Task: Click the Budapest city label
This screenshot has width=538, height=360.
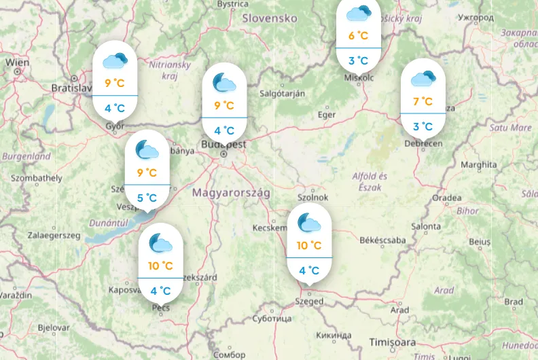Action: tap(223, 145)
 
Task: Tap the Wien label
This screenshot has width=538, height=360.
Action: tap(18, 62)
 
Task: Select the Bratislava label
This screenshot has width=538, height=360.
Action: tap(71, 88)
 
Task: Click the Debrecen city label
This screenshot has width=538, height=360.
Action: tap(423, 143)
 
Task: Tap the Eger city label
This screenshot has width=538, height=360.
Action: tap(327, 115)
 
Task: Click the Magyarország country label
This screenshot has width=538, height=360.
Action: tap(231, 193)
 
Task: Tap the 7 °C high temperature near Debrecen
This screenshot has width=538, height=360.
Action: tap(423, 102)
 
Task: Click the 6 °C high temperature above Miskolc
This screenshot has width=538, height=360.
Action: tap(358, 36)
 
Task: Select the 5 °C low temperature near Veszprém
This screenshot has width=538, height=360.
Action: tap(147, 198)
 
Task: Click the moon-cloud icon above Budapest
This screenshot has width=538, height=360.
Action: tap(224, 82)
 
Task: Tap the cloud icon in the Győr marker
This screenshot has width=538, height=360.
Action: tap(115, 60)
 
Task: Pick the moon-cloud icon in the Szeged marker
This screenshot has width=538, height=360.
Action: tap(309, 221)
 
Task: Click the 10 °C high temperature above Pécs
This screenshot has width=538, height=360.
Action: tap(160, 265)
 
